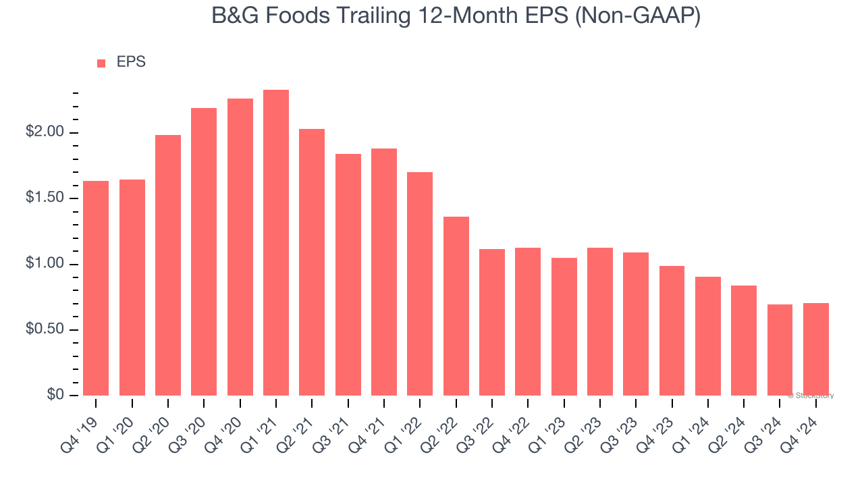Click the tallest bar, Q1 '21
click(x=276, y=243)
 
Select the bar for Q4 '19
click(x=96, y=288)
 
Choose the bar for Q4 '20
click(x=240, y=247)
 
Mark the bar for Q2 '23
click(x=600, y=321)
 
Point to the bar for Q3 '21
click(x=348, y=275)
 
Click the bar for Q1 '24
click(x=708, y=336)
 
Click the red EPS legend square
click(x=101, y=63)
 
